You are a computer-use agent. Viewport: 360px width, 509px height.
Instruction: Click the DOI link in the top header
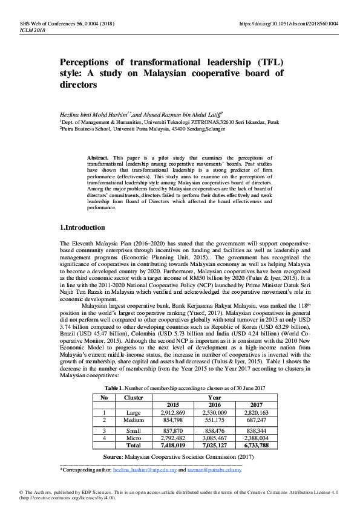(289, 24)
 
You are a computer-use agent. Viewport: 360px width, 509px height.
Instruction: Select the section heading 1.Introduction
(82, 227)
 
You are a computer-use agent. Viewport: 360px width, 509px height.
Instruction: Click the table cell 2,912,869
(172, 412)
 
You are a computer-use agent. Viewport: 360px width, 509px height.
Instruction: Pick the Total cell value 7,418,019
(172, 445)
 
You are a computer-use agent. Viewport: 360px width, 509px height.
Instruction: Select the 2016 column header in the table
(215, 404)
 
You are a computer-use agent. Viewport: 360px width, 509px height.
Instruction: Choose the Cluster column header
(133, 397)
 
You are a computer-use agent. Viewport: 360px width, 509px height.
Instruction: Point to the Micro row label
(134, 437)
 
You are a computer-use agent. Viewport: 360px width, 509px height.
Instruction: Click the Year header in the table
(215, 397)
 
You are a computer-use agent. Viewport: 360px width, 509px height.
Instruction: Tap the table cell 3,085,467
(215, 437)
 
